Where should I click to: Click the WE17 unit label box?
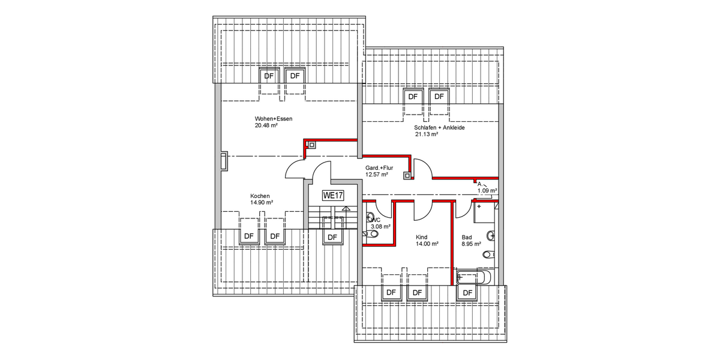point(332,195)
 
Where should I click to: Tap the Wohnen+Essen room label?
point(273,119)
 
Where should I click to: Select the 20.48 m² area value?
point(266,126)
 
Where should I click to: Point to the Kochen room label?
point(260,196)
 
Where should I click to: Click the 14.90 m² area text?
point(262,203)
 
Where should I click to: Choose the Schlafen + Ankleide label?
point(439,128)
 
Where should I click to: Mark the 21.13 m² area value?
point(426,135)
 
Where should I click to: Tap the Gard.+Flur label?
point(379,168)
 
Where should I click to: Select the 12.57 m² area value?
point(376,175)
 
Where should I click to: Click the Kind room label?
point(421,237)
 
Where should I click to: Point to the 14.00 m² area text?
point(427,244)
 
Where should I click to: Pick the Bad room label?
point(466,237)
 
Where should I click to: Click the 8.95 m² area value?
point(471,244)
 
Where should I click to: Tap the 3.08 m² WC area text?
point(380,227)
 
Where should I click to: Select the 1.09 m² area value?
point(487,191)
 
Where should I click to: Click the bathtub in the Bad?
point(474,278)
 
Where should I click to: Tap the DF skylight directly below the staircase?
point(332,236)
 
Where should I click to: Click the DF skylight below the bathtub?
point(467,292)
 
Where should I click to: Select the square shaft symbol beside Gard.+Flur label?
point(407,176)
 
